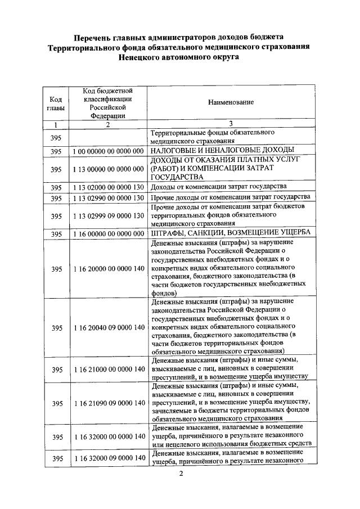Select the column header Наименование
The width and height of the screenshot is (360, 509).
click(231, 102)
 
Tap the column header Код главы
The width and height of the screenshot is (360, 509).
click(56, 102)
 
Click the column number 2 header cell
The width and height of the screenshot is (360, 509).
click(107, 125)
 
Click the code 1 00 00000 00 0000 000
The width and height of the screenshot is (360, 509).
click(107, 151)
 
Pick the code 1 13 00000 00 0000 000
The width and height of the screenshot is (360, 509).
click(107, 169)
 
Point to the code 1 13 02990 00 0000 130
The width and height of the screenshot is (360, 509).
click(107, 198)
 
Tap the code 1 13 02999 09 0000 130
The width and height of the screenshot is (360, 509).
click(107, 216)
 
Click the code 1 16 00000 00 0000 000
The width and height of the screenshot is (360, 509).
click(107, 234)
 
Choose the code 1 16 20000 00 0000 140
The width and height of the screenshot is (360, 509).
click(107, 269)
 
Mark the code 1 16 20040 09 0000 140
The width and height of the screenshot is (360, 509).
click(107, 327)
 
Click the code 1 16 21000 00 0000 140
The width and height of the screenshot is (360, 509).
click(107, 369)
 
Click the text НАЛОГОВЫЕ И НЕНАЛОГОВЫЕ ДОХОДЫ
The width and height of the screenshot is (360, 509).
click(223, 151)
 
